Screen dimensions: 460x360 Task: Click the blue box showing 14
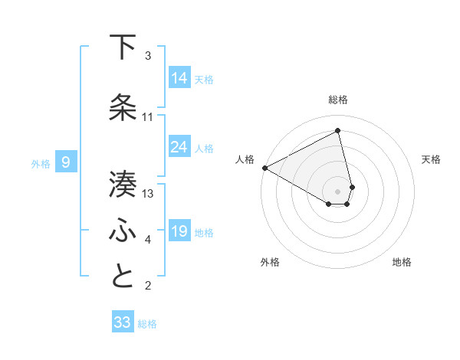pyautogui.click(x=179, y=78)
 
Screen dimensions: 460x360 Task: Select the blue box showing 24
pyautogui.click(x=179, y=147)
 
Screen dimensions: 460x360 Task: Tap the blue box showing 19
pyautogui.click(x=179, y=231)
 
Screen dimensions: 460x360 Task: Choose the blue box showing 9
pyautogui.click(x=67, y=162)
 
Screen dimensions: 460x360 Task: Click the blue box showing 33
pyautogui.click(x=123, y=322)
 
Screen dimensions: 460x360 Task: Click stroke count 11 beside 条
pyautogui.click(x=148, y=117)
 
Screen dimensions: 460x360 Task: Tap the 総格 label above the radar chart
pyautogui.click(x=338, y=100)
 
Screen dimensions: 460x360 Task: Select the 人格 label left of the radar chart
pyautogui.click(x=245, y=159)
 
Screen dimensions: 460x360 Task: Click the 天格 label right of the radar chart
pyautogui.click(x=431, y=159)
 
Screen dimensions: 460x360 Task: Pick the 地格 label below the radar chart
pyautogui.click(x=402, y=262)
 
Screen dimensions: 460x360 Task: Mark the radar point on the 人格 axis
pyautogui.click(x=264, y=167)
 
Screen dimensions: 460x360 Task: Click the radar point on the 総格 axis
pyautogui.click(x=338, y=131)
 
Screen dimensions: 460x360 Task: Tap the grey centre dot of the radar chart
pyautogui.click(x=338, y=190)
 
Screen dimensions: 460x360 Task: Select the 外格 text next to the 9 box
pyautogui.click(x=40, y=163)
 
